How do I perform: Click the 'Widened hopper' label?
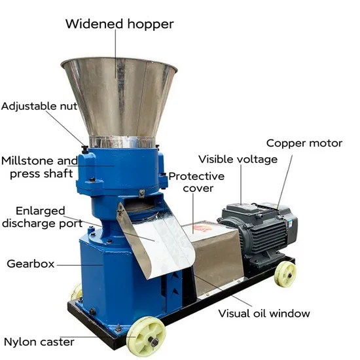click(119, 24)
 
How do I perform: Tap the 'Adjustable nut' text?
click(39, 106)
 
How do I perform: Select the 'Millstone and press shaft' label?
click(39, 167)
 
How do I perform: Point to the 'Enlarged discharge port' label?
click(42, 217)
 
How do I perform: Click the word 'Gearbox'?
click(31, 264)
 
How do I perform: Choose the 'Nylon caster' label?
click(39, 342)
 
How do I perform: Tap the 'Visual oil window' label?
click(264, 314)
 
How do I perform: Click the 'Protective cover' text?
click(196, 183)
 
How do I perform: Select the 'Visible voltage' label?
click(238, 159)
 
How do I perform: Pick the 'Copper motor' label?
click(304, 143)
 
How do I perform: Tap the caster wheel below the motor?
click(285, 274)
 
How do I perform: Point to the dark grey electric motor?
click(259, 232)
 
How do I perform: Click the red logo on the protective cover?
click(201, 228)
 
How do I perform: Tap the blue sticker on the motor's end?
click(290, 223)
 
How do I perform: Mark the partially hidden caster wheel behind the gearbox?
click(77, 291)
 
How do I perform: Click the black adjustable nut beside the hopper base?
click(85, 149)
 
